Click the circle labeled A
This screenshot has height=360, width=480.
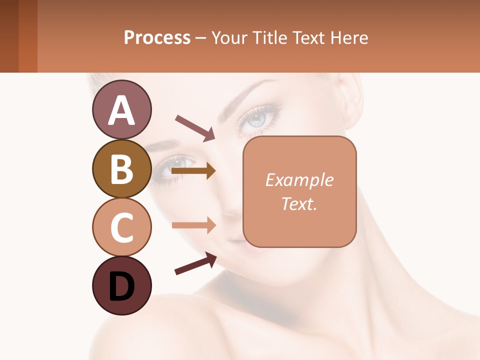(x=121, y=109)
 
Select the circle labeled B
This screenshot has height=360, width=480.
(x=121, y=168)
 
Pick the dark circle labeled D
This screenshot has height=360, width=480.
(x=121, y=285)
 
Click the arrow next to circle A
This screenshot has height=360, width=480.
(x=195, y=128)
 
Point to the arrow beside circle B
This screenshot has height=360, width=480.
(x=193, y=171)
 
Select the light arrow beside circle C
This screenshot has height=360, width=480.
(x=193, y=225)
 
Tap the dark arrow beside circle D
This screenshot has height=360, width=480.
(x=195, y=263)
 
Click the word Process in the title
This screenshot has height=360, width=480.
(x=157, y=37)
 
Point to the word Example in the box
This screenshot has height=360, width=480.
(x=299, y=180)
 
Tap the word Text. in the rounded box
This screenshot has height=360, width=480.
(x=299, y=203)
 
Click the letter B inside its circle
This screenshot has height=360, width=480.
(x=121, y=168)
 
